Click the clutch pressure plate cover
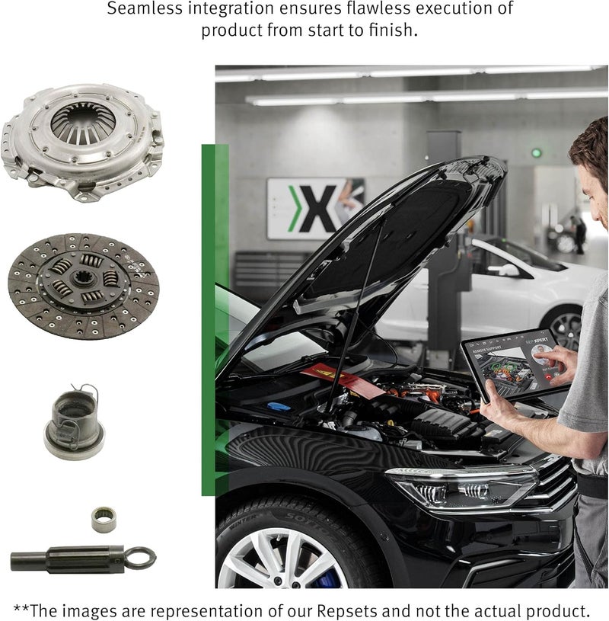point(82,140)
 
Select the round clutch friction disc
point(84,286)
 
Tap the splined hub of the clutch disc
point(83,280)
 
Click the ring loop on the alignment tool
point(140,558)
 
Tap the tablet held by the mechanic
point(514,366)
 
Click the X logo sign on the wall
point(314,208)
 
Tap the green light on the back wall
point(536,152)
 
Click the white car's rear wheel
point(564,328)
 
